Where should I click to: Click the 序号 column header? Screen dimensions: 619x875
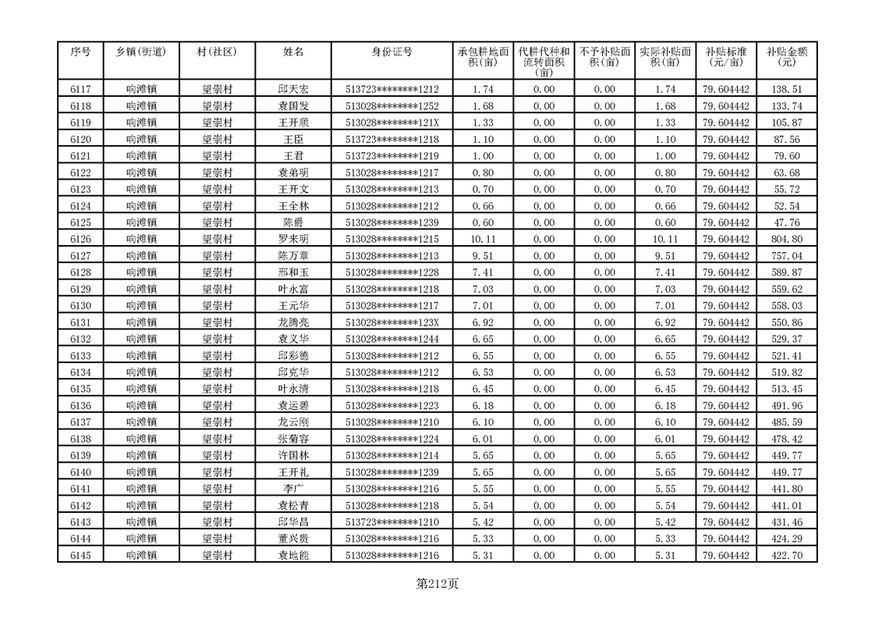click(x=80, y=52)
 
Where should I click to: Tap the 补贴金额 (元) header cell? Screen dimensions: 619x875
click(x=786, y=57)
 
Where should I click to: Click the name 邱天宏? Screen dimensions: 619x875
click(x=293, y=90)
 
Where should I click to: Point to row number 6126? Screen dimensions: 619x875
click(x=80, y=239)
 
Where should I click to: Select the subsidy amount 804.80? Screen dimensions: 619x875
click(x=786, y=239)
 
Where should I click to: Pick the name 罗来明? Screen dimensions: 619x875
click(x=293, y=239)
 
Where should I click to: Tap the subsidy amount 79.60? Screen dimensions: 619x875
click(x=786, y=156)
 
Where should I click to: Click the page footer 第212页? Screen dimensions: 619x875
click(x=437, y=583)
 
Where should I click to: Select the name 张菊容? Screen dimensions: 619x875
click(x=293, y=439)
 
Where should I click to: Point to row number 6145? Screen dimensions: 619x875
click(x=80, y=555)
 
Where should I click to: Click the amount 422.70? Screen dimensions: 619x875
click(x=786, y=555)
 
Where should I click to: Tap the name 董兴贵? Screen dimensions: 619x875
click(x=293, y=539)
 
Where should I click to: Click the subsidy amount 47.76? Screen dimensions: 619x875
click(x=786, y=222)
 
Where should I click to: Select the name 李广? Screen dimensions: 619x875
click(x=293, y=489)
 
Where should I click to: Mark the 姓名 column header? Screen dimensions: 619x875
click(x=293, y=52)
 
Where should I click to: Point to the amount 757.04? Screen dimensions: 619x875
click(x=786, y=256)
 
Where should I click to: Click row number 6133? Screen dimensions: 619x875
click(x=80, y=356)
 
